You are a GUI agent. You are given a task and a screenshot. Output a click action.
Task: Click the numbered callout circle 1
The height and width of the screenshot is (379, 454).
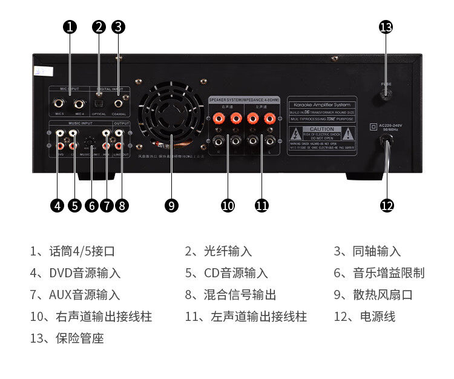[x=71, y=27]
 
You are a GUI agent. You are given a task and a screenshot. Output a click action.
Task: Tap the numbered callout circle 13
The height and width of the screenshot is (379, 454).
[x=386, y=27]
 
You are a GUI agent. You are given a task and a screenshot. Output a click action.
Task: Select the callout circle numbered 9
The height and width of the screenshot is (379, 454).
[x=171, y=206]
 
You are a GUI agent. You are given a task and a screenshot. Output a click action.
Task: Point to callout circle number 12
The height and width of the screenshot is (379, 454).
[x=387, y=206]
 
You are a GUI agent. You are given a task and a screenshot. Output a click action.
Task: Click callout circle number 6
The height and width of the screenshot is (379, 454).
[x=92, y=206]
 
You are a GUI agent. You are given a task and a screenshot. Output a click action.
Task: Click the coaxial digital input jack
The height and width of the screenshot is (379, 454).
[x=119, y=103]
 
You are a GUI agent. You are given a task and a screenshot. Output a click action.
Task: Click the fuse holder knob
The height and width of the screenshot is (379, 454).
[x=386, y=95]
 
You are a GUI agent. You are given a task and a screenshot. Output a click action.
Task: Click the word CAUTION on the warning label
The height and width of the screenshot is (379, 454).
[x=321, y=129]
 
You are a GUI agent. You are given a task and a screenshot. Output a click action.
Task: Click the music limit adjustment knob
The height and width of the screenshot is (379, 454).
[x=90, y=143]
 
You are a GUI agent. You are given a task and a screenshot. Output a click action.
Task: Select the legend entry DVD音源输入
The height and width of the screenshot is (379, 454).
[x=85, y=273]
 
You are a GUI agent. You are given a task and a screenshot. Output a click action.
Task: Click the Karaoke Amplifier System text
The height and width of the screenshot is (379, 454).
[x=321, y=104]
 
